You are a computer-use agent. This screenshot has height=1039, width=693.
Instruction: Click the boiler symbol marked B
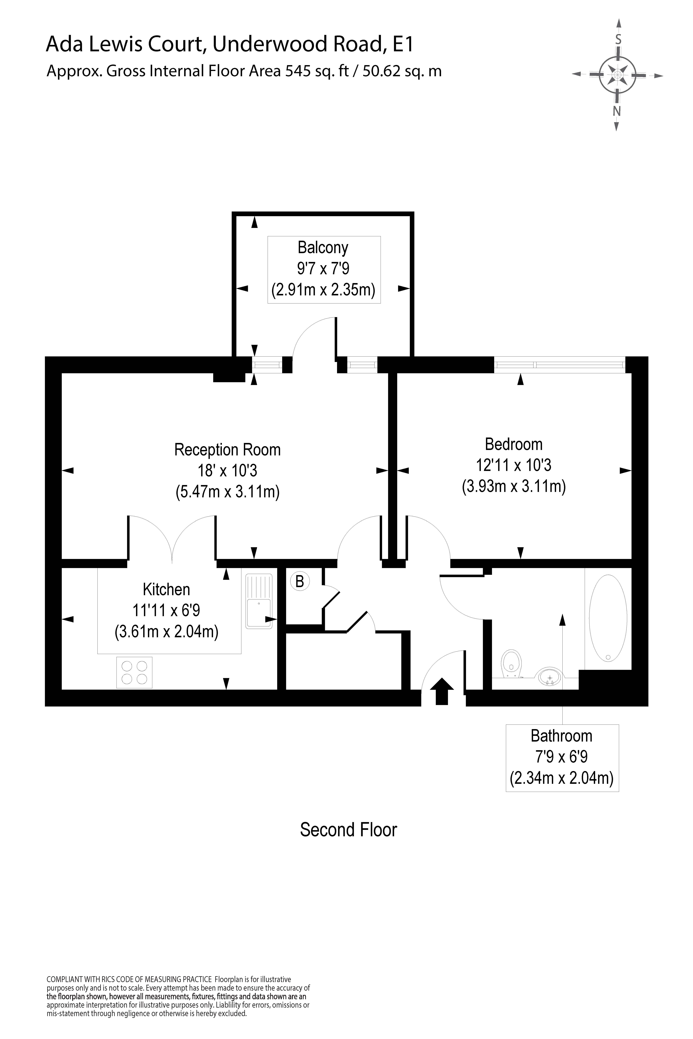(x=300, y=581)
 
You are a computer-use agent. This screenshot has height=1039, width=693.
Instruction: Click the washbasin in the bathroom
(x=549, y=676)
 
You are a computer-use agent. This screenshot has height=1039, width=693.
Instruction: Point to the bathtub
(x=608, y=619)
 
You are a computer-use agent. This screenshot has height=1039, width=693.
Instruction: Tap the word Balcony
(x=323, y=247)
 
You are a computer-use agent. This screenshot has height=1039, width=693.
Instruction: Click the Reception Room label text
(x=228, y=450)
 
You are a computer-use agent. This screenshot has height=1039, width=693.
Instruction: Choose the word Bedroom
(x=514, y=444)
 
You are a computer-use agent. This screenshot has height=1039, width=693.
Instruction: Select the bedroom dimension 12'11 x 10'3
(x=514, y=465)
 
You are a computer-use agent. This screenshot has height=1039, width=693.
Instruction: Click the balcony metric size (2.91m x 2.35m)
(x=323, y=290)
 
